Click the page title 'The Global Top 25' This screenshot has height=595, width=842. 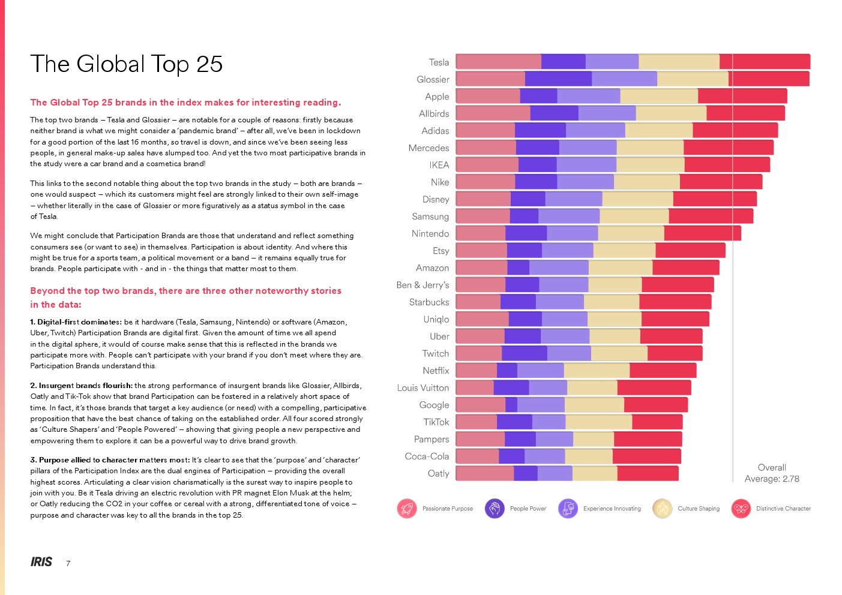(x=127, y=64)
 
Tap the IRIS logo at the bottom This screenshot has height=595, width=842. (x=41, y=562)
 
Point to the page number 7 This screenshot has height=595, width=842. (x=68, y=564)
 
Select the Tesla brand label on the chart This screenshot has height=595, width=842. (x=439, y=62)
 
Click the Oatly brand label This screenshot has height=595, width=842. (x=438, y=474)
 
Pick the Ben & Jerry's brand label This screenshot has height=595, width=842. (x=423, y=285)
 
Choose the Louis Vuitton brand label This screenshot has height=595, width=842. (x=423, y=388)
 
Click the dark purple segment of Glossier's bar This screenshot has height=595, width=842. (x=558, y=79)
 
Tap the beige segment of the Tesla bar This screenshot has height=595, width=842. (x=679, y=62)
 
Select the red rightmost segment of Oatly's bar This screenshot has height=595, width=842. (x=648, y=473)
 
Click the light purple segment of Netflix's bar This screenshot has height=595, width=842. (x=540, y=371)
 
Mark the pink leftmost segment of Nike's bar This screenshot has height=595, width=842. (x=486, y=182)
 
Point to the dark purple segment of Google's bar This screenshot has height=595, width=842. (x=511, y=405)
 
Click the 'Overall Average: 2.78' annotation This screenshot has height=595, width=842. (x=772, y=473)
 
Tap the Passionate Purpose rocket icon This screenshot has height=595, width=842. (x=407, y=509)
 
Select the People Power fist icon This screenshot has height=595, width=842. (x=495, y=509)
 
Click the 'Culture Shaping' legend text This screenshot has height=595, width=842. (x=699, y=509)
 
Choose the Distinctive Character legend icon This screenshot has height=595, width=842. (x=741, y=509)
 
